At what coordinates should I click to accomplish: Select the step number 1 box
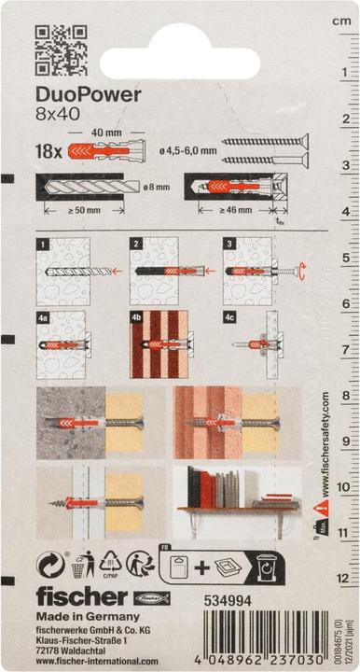click(43, 245)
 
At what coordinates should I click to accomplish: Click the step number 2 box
click(136, 245)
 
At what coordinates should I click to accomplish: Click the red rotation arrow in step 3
click(301, 272)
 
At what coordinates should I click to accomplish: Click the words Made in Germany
click(88, 617)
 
